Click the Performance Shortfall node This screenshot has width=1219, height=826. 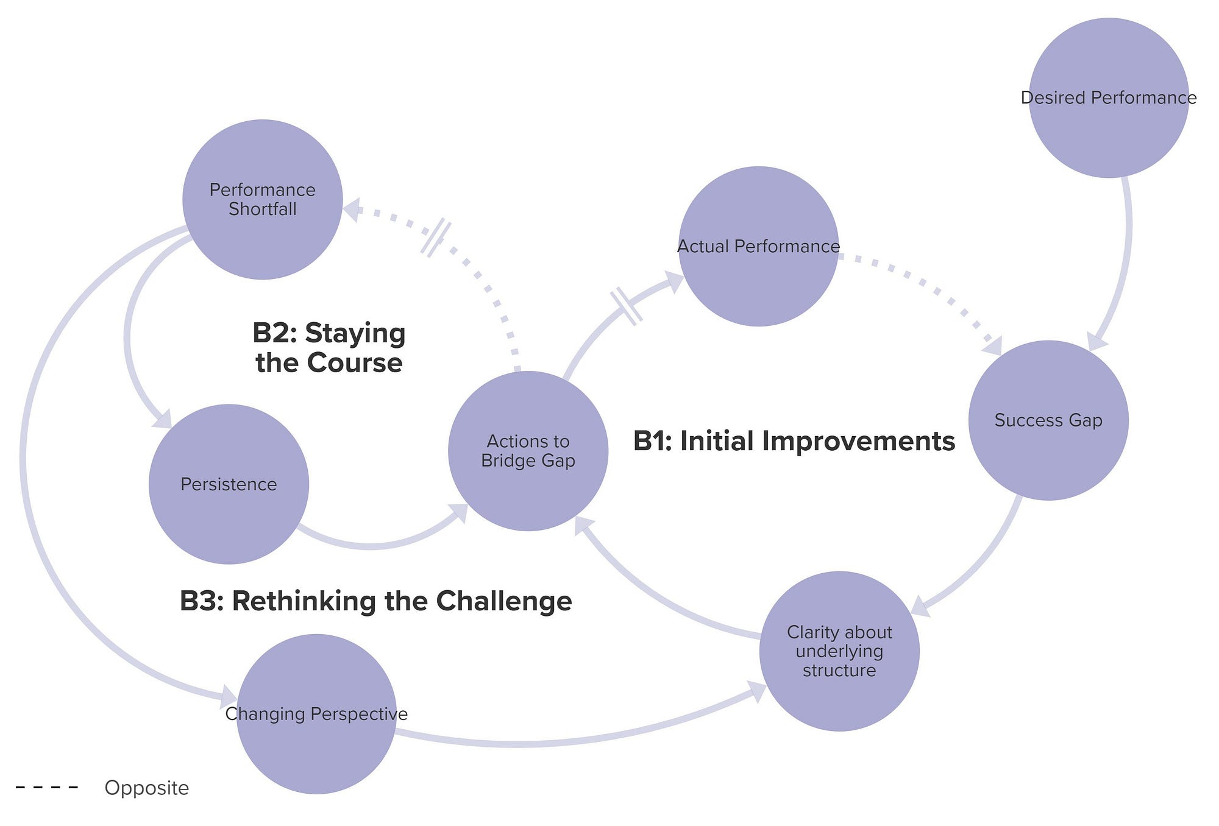[x=262, y=199]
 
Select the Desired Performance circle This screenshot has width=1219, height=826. [x=1108, y=97]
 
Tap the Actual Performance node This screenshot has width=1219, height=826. [x=758, y=246]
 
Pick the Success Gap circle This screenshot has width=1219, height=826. [x=1048, y=420]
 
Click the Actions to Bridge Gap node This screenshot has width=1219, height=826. [x=528, y=451]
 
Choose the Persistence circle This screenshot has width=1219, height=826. [x=229, y=484]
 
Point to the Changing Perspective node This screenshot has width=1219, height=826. [x=316, y=714]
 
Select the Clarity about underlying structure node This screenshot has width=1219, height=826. [x=839, y=651]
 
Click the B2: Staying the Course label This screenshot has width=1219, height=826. [x=329, y=348]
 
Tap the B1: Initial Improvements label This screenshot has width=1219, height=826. [x=794, y=441]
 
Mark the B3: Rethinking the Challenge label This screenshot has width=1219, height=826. [x=375, y=601]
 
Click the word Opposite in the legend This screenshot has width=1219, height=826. [x=147, y=788]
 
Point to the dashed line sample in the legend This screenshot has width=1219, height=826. [x=47, y=788]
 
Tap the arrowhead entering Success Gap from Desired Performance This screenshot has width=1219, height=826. [x=1096, y=342]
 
